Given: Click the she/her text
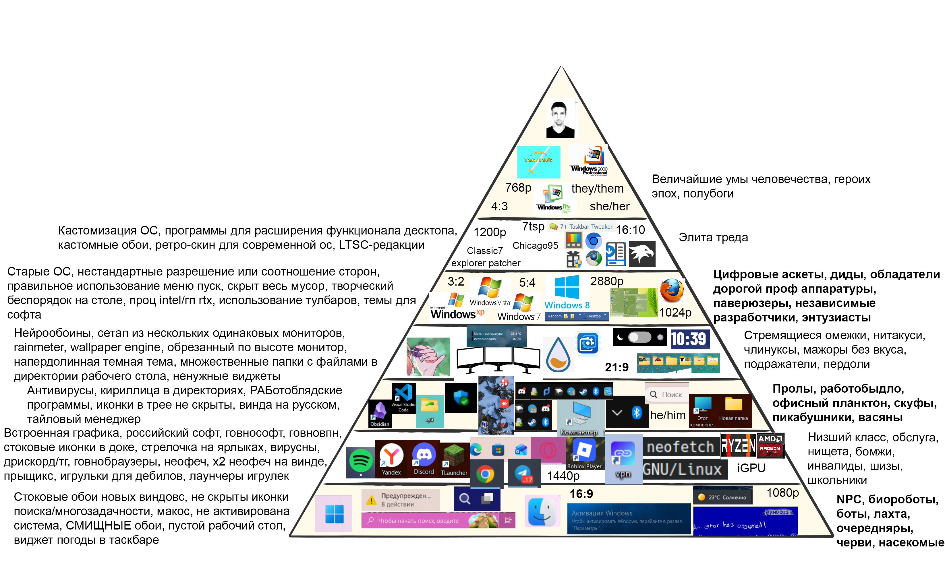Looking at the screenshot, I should point(609,206).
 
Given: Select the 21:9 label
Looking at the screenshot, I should point(616,367).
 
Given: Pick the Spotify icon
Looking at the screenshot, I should point(360,462).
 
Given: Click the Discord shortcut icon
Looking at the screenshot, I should point(424,459).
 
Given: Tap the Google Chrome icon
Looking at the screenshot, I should point(485,474).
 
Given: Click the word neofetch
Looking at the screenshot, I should point(680,447).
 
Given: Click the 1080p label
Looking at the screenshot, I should point(782,493).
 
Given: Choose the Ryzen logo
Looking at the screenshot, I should point(738,445).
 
